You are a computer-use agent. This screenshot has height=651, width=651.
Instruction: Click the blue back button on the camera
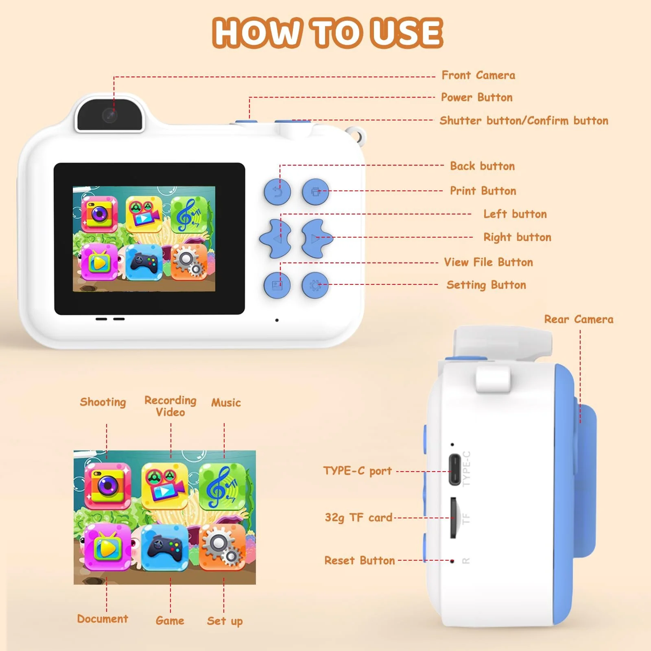click(277, 191)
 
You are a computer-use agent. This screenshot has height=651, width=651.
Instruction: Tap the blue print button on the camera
click(315, 191)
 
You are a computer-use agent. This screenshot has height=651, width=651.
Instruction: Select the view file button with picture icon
click(277, 285)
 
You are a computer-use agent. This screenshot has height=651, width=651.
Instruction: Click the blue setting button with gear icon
click(315, 285)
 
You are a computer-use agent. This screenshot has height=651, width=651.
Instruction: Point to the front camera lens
click(110, 116)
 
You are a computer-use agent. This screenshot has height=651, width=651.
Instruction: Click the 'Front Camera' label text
click(478, 75)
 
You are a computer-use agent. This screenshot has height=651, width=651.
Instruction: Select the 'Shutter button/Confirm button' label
click(524, 120)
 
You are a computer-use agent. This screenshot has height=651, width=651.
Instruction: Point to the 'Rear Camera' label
click(579, 319)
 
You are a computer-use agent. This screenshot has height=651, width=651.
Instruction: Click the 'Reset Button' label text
click(360, 561)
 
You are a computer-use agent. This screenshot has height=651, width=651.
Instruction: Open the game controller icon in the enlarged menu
click(164, 547)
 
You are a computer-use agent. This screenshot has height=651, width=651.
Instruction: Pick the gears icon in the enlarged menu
click(222, 547)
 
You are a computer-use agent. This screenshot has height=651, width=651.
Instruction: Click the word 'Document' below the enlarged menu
click(103, 619)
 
